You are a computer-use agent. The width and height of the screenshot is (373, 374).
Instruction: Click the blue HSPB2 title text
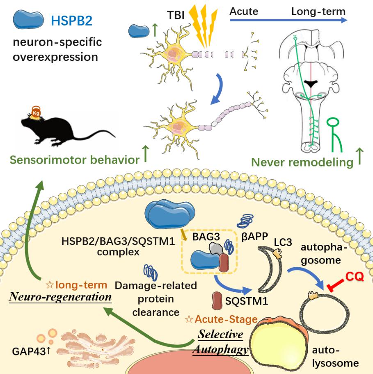(71, 21)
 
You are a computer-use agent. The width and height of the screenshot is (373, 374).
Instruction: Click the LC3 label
(283, 243)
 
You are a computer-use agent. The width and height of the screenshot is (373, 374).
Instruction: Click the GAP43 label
(31, 352)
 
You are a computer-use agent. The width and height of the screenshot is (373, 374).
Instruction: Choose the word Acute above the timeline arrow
(244, 11)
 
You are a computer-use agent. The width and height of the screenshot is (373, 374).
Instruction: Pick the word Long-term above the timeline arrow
(318, 11)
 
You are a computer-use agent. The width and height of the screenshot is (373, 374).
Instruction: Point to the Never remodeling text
(302, 162)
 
